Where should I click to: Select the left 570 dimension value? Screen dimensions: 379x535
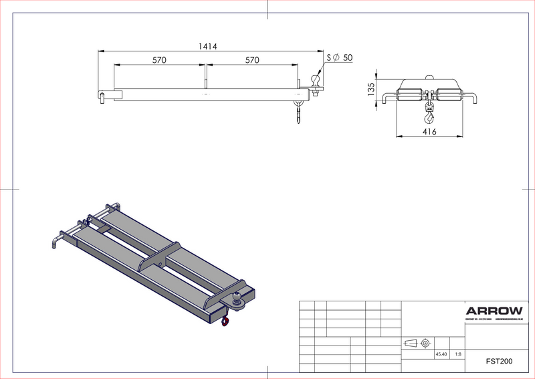point(159,60)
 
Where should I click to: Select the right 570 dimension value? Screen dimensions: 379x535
point(252,60)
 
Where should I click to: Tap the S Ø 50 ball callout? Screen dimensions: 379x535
point(340,58)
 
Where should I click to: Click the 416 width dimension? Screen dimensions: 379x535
point(429,133)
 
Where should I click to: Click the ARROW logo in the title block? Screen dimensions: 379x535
point(494,311)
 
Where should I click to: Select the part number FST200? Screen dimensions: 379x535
point(499,362)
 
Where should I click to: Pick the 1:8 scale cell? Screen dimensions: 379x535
point(457,354)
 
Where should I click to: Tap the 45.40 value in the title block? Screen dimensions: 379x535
point(441,354)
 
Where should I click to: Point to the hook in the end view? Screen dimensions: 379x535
point(428,118)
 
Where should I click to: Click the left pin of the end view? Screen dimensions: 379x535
point(388,99)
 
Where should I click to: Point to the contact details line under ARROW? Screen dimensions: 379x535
point(494,320)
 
